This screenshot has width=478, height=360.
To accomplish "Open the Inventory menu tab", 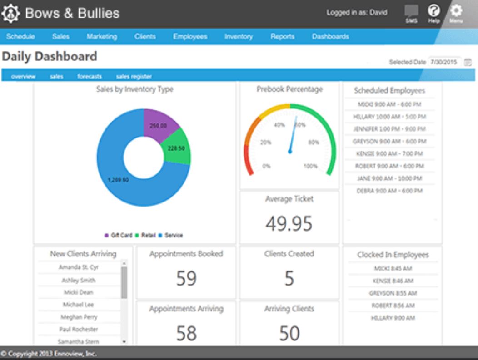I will point(238,37).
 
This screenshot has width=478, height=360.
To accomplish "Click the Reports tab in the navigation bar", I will point(282,37).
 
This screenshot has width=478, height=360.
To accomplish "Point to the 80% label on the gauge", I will point(314,142).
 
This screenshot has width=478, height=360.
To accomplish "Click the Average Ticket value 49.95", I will point(289,223).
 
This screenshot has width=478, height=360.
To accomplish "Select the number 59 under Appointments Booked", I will point(186,278).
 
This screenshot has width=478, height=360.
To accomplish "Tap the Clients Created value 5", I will point(289,278).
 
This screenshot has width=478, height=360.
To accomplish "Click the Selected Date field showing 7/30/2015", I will point(444,62).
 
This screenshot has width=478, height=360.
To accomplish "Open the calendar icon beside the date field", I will point(468,62).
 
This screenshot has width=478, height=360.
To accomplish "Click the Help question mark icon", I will point(434,11).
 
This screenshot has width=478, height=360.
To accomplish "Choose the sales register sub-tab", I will point(134,77).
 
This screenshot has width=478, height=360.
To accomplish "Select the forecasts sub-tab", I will point(90,77).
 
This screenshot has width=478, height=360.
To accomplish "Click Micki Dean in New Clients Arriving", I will point(79,292).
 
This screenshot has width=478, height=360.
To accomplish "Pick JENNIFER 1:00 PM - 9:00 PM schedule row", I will point(389,129).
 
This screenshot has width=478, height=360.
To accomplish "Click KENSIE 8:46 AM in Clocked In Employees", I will point(393,281).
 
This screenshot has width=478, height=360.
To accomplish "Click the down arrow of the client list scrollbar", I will point(124,341).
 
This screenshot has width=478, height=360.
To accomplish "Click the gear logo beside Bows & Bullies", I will point(11,14).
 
